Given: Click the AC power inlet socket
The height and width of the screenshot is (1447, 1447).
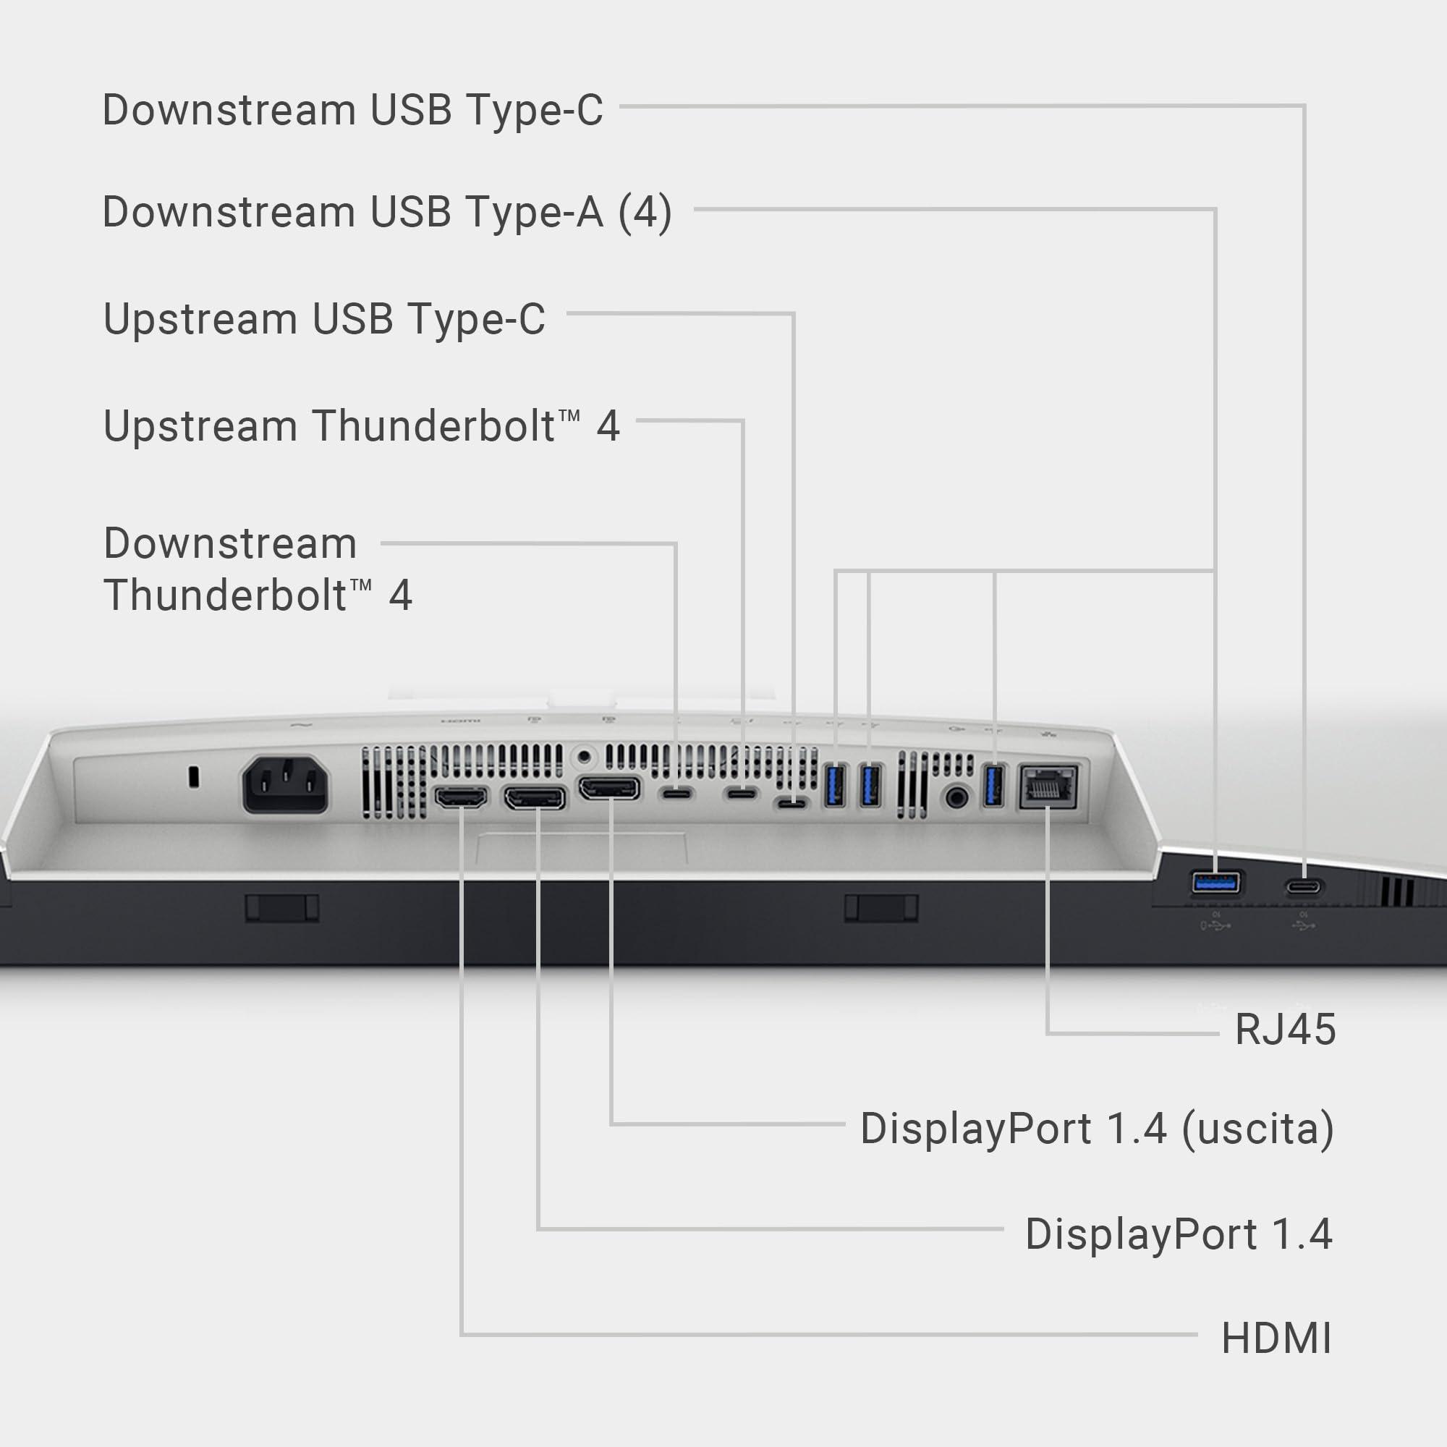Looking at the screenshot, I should [x=285, y=784].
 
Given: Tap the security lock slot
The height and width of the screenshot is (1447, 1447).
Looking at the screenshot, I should [x=194, y=776].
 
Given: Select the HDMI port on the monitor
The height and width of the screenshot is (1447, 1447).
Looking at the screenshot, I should [x=461, y=797].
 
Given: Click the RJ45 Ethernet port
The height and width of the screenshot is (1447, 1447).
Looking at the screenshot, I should [x=1048, y=787].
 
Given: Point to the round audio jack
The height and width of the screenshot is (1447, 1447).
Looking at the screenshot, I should [x=956, y=796].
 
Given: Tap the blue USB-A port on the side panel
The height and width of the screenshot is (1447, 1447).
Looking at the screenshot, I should [x=1215, y=883].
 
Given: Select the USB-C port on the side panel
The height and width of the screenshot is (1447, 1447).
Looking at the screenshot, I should [x=1304, y=887].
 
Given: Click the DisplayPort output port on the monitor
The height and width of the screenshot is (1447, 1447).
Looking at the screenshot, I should [x=610, y=789].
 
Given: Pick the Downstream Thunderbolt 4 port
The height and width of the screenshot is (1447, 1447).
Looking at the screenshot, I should [x=676, y=793].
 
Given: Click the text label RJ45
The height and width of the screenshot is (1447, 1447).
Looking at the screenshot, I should [x=1284, y=1029].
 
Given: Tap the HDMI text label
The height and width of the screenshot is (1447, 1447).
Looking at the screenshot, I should [x=1276, y=1338].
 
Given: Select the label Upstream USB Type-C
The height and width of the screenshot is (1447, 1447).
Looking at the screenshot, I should [x=324, y=319].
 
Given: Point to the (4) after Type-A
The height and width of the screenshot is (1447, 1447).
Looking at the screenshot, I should [x=644, y=212].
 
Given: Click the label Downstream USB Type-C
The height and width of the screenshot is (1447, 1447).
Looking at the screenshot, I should [x=352, y=110].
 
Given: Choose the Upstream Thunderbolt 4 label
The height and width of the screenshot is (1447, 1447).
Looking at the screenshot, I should [x=361, y=426].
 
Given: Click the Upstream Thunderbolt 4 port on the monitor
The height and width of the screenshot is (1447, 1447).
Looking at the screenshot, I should [x=742, y=793].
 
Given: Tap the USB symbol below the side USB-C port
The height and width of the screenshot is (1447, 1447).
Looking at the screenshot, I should [x=1303, y=927].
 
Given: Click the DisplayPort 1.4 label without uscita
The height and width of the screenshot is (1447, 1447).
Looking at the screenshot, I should [x=1178, y=1234].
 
